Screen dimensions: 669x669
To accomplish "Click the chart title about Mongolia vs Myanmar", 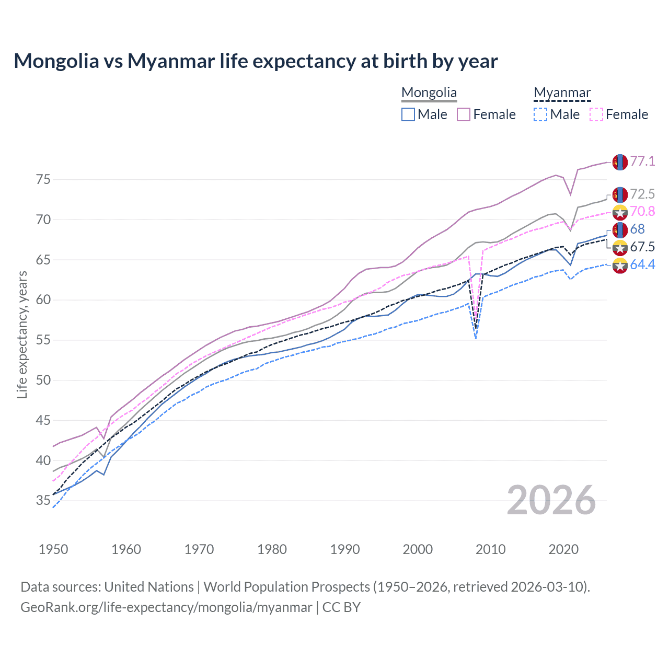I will click(x=256, y=61).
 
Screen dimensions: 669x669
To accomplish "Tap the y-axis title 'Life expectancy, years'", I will click(x=22, y=334).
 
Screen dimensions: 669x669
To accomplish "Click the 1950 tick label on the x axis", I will click(x=53, y=549).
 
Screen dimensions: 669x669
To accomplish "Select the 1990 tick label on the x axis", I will click(x=345, y=549).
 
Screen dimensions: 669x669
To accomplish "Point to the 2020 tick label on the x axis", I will click(x=563, y=549).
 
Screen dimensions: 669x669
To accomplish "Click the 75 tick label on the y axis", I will click(x=43, y=180).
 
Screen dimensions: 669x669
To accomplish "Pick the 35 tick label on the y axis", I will click(x=43, y=501).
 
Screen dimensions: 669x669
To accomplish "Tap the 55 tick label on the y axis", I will click(x=43, y=340).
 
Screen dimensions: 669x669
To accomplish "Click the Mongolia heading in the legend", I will click(x=429, y=93).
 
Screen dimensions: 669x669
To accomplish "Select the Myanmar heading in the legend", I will click(x=562, y=93).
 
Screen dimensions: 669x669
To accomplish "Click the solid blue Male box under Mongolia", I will click(x=408, y=114).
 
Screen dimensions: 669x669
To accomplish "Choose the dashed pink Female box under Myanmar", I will click(x=596, y=114).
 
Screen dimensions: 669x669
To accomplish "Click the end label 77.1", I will click(x=642, y=161).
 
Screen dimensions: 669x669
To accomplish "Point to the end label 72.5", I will click(x=642, y=194).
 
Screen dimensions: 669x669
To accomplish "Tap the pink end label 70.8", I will click(x=642, y=211).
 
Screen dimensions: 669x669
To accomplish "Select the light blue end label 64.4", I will click(x=642, y=265).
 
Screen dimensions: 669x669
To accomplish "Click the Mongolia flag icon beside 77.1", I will click(x=620, y=162).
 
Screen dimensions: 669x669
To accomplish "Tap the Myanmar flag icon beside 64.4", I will click(x=620, y=266).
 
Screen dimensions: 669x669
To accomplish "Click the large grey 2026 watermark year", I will click(x=551, y=500).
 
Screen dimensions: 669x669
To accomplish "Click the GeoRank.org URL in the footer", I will click(x=166, y=607).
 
